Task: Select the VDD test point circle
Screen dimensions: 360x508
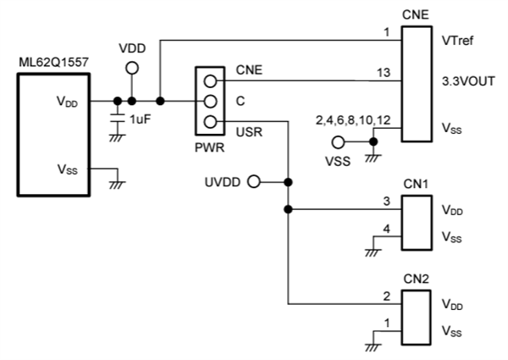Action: tap(131, 69)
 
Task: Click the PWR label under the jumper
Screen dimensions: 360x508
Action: tap(209, 147)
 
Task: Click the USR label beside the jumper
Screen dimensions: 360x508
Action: tap(249, 128)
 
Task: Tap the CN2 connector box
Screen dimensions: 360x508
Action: tap(416, 318)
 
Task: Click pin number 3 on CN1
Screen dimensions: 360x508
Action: tap(385, 201)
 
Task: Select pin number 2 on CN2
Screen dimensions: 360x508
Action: tap(385, 296)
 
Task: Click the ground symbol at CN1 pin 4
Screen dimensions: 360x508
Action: tap(373, 249)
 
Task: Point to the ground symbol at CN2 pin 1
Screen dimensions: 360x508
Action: tap(373, 344)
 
